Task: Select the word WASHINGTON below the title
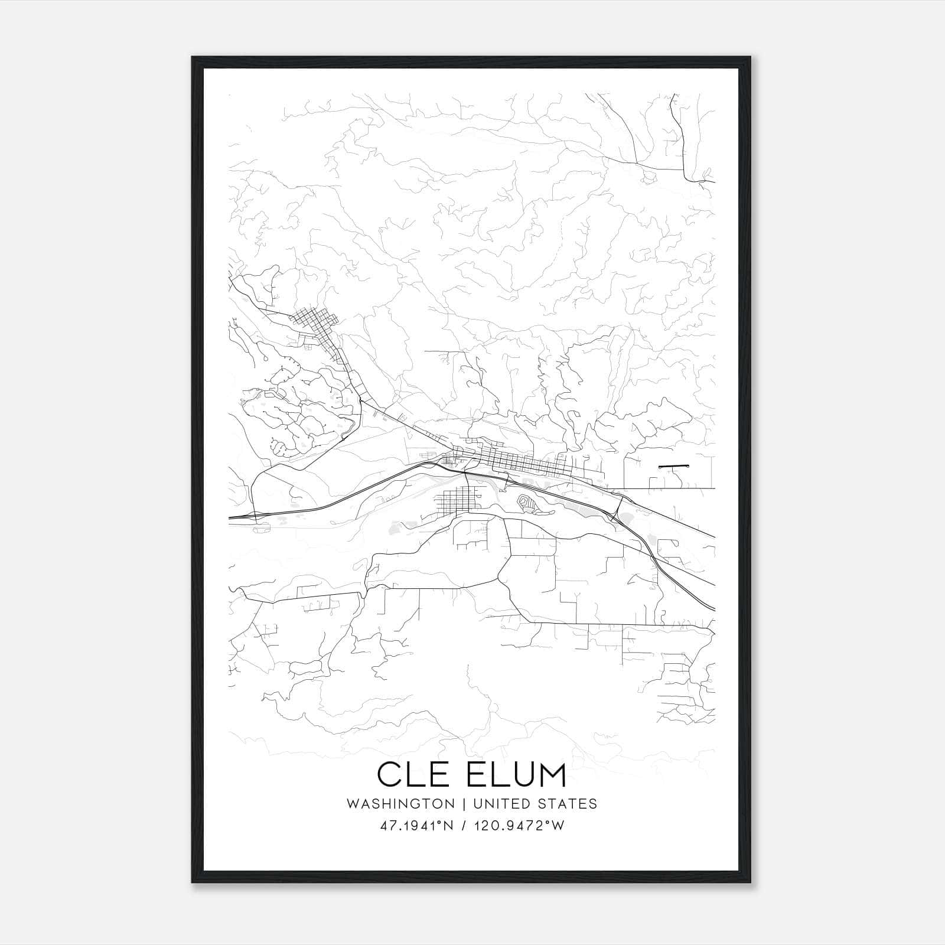click(x=400, y=804)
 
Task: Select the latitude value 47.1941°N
click(x=418, y=826)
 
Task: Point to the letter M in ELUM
click(x=552, y=774)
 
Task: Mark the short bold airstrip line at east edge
click(x=674, y=467)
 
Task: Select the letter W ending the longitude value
click(x=558, y=826)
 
